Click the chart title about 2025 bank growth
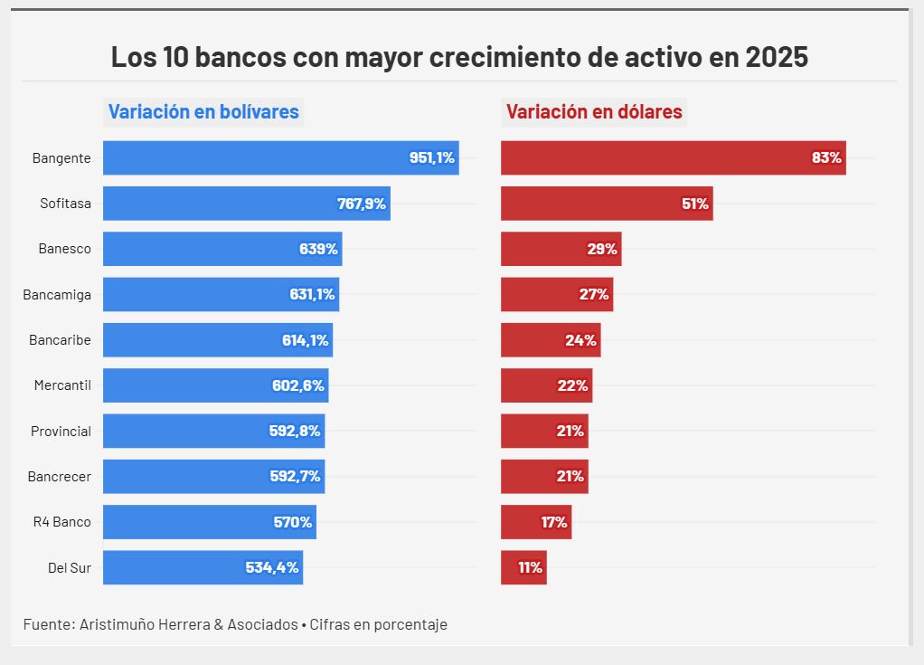(x=459, y=57)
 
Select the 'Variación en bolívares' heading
(x=203, y=112)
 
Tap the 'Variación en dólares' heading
(x=594, y=112)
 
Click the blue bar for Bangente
(x=280, y=157)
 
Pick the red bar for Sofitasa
(x=606, y=204)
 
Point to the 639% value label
(x=318, y=249)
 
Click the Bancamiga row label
(x=59, y=294)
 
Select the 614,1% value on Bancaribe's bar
(x=305, y=340)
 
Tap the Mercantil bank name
(x=62, y=385)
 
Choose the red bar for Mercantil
(x=546, y=385)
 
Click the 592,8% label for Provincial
(x=295, y=431)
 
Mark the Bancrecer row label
(x=60, y=476)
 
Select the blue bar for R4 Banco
(x=209, y=522)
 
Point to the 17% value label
(x=554, y=522)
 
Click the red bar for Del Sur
(x=523, y=567)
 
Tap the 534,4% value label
(x=272, y=567)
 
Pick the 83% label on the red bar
(x=826, y=157)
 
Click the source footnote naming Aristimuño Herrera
(x=235, y=624)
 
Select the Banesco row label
(x=64, y=249)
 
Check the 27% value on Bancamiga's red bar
(x=594, y=294)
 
